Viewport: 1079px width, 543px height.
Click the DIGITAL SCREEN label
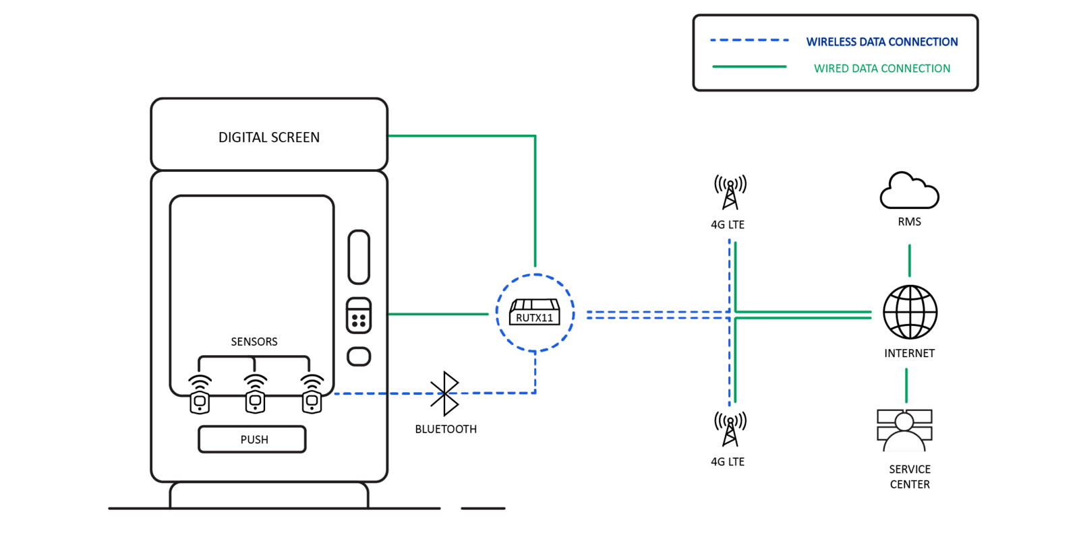click(x=269, y=137)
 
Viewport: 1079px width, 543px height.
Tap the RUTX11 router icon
click(x=534, y=313)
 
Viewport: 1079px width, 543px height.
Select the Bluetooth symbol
click(x=445, y=394)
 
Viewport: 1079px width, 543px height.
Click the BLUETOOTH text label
click(x=446, y=429)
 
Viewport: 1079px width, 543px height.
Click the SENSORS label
click(x=254, y=342)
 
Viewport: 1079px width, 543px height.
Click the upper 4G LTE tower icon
click(x=730, y=192)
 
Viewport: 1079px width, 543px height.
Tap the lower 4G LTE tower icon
click(x=730, y=429)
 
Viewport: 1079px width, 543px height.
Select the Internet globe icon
click(x=910, y=312)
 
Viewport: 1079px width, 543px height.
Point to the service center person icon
click(x=904, y=431)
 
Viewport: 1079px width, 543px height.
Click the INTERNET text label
click(x=909, y=353)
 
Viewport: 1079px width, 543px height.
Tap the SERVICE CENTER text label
click(x=910, y=476)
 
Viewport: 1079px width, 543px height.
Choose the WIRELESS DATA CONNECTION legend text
click(x=882, y=42)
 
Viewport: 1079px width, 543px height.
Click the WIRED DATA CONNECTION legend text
click(x=882, y=68)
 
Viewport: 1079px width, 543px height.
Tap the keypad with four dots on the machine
click(x=359, y=316)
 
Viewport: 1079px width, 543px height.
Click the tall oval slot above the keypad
click(x=359, y=257)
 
